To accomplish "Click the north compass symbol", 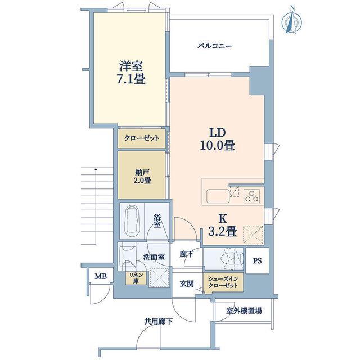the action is pos(291,21).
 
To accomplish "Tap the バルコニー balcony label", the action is pos(215,46).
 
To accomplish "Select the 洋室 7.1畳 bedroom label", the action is pos(131,73).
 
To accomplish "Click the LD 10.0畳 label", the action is pos(217,139).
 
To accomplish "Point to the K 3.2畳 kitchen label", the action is pos(222,225).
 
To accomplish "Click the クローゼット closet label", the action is pos(141,138).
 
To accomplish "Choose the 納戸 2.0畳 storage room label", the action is pos(142,176).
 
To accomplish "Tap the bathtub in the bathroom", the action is pos(132,221).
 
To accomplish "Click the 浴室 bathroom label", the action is pos(157,221).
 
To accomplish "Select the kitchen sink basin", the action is pos(218,196).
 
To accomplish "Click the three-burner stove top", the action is pos(251,196).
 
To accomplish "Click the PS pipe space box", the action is pos(258,260).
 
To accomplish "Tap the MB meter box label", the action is pos(101,276).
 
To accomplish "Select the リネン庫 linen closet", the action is pos(136,278).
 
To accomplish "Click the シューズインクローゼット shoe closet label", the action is pos(223,282).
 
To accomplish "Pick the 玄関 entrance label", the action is pos(187,284).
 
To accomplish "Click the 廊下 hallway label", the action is pos(186,254).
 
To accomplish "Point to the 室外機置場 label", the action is pos(244,311).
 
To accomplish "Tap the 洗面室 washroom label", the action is pos(154,257).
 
